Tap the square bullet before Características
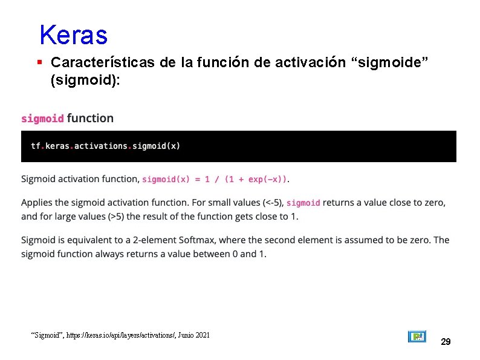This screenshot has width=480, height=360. pos(39,62)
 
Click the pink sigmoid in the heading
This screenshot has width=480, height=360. pos(42,119)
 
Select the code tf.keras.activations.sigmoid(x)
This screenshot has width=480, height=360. pos(105,146)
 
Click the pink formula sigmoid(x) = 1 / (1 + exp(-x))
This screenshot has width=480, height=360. pos(215,179)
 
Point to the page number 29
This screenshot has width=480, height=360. pos(446,342)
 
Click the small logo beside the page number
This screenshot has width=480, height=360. pos(417,336)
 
